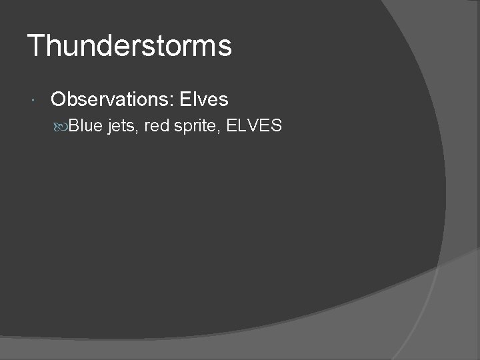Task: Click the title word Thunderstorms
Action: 129,46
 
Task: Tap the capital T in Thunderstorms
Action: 35,46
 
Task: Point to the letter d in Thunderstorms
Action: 101,46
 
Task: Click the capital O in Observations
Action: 58,100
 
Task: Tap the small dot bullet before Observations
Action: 33,101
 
